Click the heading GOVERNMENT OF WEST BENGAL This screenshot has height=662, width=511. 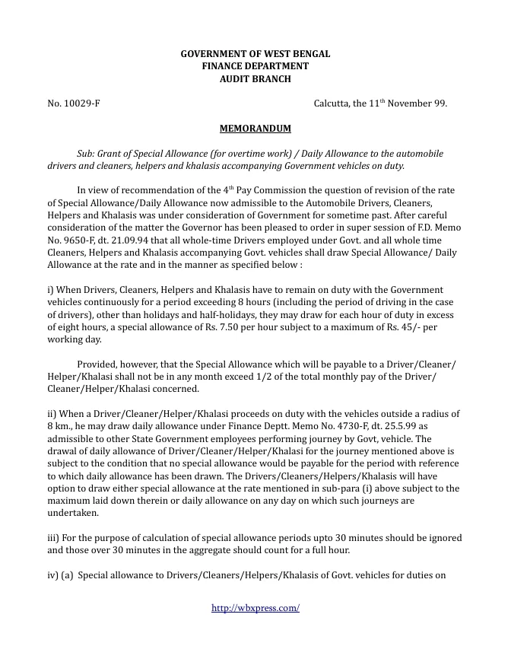255,54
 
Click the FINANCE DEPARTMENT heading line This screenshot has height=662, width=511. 255,66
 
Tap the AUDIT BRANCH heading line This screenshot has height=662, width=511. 255,78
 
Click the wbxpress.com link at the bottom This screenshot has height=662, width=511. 255,608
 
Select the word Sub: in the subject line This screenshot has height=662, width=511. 88,153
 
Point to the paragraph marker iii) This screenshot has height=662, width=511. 56,537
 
